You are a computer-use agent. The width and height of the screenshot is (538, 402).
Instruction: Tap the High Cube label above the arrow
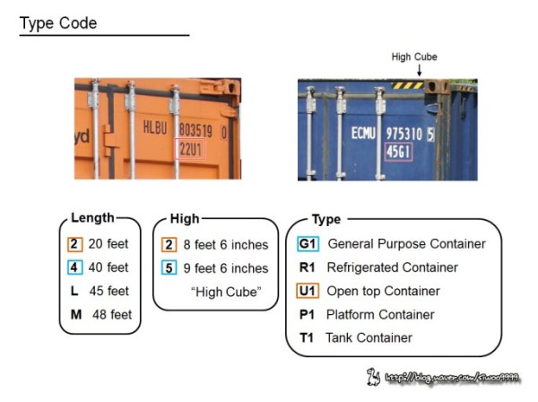[x=414, y=57]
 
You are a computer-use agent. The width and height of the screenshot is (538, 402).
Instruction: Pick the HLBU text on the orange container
[x=155, y=129]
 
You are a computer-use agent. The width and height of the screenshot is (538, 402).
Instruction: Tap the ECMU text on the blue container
[x=362, y=134]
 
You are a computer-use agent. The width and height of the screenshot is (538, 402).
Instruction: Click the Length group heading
[x=92, y=217]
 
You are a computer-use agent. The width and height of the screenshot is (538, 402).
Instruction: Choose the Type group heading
[x=325, y=219]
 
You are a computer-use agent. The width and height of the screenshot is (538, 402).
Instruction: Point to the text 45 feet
[x=108, y=292]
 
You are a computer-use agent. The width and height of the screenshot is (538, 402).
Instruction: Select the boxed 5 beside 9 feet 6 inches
[x=169, y=267]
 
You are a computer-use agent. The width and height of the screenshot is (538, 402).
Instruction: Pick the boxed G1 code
[x=308, y=244]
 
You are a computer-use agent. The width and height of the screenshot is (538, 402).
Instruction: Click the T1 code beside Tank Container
[x=307, y=338]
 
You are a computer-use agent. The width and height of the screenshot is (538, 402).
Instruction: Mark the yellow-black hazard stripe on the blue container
[x=409, y=85]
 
